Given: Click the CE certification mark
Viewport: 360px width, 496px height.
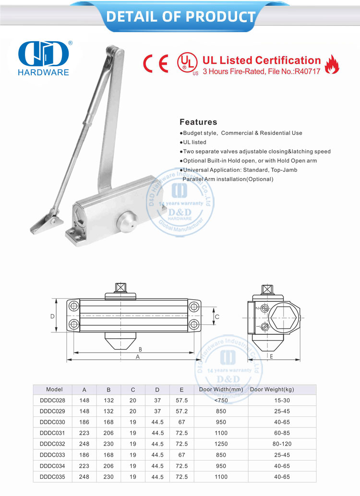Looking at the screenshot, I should tap(156, 64).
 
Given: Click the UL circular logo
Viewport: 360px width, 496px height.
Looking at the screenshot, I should tap(187, 63).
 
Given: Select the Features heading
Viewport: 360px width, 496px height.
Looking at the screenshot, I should tap(198, 122).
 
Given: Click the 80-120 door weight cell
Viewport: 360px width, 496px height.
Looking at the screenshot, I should tap(282, 444).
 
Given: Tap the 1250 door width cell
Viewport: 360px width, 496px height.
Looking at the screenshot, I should tap(221, 444).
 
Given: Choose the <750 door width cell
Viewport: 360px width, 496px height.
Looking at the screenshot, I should tap(221, 400).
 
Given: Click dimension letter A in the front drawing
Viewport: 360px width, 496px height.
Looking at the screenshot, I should tap(137, 357).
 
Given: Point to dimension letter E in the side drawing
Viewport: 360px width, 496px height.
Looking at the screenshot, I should tap(271, 356).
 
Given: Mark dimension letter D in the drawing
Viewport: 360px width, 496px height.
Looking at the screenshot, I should tap(52, 317).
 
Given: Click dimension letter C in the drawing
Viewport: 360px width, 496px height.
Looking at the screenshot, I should tap(217, 317).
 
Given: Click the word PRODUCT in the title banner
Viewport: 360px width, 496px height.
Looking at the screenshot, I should tap(220, 17).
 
